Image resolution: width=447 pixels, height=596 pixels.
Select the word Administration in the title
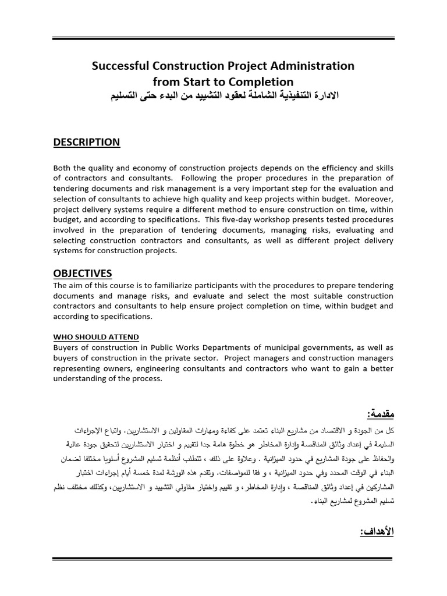(312, 66)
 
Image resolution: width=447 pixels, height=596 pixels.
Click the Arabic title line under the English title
(223, 97)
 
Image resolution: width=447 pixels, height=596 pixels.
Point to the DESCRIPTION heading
(86, 143)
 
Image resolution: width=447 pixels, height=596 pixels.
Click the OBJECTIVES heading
(83, 274)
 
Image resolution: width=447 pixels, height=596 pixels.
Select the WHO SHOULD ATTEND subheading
(96, 336)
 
